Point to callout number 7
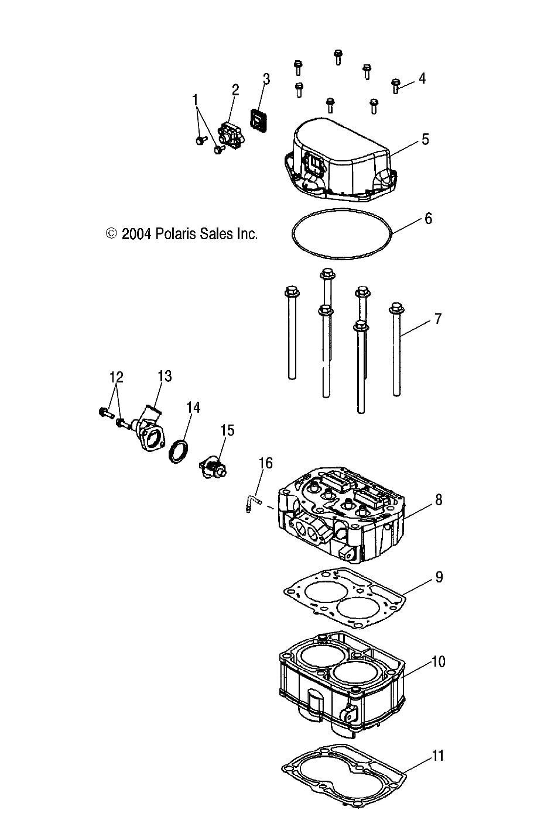437,319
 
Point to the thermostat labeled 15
214,468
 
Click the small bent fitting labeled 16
252,503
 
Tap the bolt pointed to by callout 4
396,86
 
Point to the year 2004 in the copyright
136,234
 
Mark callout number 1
196,101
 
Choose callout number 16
265,463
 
